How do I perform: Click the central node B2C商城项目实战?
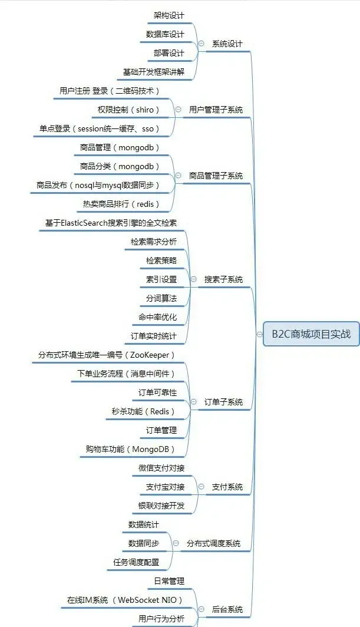coord(311,334)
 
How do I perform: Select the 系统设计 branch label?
coord(227,44)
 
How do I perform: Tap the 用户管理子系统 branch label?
coord(216,110)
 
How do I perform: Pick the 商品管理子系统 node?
coord(216,176)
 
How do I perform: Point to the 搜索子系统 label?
coord(223,279)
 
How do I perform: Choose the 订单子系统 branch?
coord(223,402)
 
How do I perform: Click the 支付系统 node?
coord(227,487)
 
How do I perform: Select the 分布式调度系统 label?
coord(213,543)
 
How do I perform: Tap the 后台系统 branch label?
coord(227,609)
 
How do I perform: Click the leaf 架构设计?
coord(169,15)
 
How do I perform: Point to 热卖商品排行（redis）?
coord(121,204)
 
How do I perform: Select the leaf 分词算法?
coord(161,298)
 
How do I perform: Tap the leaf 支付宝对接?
coord(165,487)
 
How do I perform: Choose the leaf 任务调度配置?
coord(136,562)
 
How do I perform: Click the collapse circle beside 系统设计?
coord(202,44)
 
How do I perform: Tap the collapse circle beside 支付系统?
coord(202,487)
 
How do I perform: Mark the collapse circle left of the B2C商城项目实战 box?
coord(259,334)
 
